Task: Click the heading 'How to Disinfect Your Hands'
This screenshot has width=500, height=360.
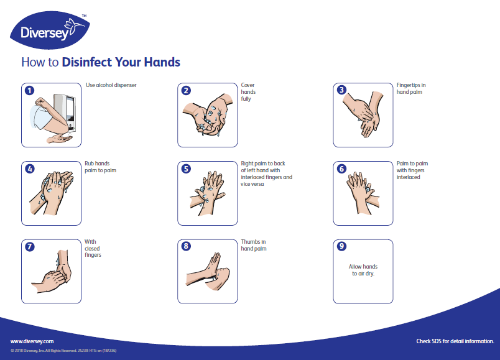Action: click(x=101, y=62)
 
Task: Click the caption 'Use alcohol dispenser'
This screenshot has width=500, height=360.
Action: click(x=111, y=85)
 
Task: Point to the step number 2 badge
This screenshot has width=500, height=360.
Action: click(x=185, y=90)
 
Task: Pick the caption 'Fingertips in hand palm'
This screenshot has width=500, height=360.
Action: click(x=411, y=88)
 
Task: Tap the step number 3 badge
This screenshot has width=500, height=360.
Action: click(x=341, y=90)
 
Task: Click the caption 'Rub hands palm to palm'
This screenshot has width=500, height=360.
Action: click(x=100, y=167)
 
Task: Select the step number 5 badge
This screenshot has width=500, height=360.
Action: click(x=185, y=168)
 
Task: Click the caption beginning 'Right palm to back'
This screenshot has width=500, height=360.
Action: click(x=266, y=174)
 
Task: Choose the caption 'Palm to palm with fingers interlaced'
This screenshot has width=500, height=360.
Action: click(x=412, y=170)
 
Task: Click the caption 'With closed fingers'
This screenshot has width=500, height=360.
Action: click(x=93, y=249)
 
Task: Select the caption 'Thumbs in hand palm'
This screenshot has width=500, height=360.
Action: click(x=254, y=245)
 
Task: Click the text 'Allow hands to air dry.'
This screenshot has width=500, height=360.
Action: click(x=363, y=270)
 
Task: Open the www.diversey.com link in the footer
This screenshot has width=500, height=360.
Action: click(x=32, y=341)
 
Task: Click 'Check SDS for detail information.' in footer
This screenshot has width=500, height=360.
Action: click(x=455, y=341)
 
